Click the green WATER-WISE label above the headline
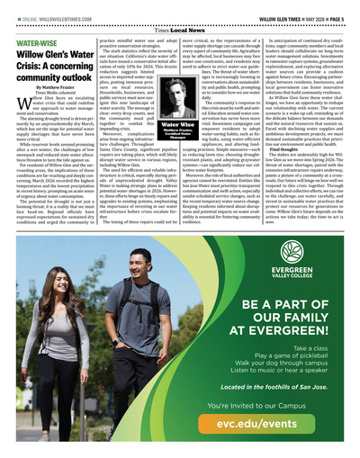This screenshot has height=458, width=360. click(32, 42)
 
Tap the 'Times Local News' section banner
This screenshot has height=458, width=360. click(180, 30)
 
